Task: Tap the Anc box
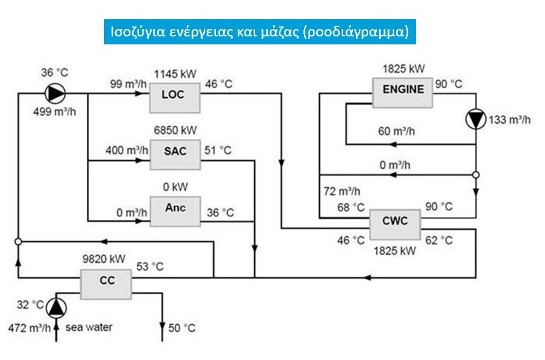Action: click(x=175, y=209)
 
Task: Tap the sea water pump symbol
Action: click(x=56, y=308)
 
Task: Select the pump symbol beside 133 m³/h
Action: click(x=475, y=119)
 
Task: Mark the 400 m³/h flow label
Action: click(x=125, y=150)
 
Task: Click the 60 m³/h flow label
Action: click(x=397, y=131)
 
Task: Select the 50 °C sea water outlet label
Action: click(x=182, y=328)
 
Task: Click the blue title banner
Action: click(x=259, y=32)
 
